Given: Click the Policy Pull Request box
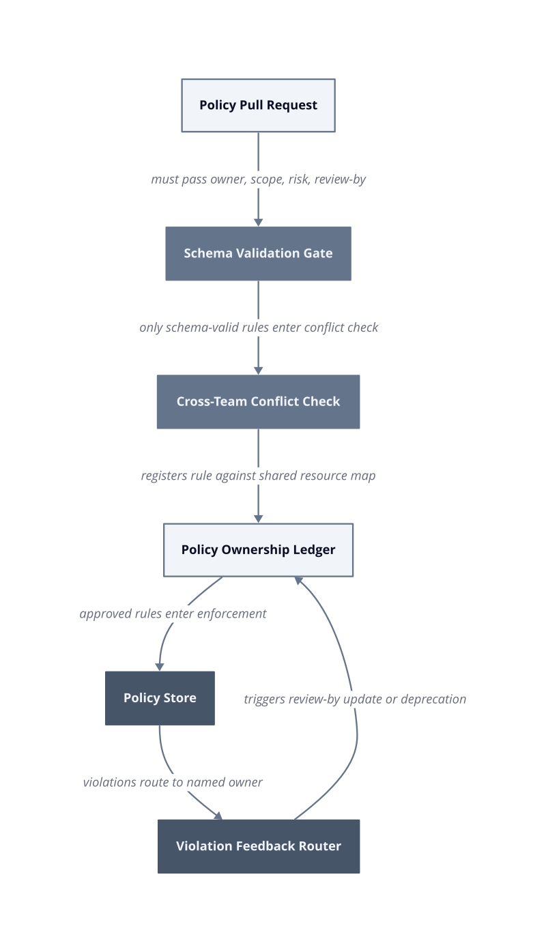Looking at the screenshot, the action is (259, 105).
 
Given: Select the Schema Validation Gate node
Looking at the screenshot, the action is (259, 254).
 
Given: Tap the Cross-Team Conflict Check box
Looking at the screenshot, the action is (259, 402).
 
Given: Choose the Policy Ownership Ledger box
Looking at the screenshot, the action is (259, 550).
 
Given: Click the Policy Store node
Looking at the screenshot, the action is (160, 698).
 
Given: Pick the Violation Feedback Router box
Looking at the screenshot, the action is (259, 847).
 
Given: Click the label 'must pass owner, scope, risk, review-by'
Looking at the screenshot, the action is (259, 179).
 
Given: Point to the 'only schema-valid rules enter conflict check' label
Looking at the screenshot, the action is (259, 328).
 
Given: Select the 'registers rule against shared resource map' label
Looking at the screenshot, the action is (259, 476).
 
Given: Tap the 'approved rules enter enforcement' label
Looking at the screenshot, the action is (173, 614).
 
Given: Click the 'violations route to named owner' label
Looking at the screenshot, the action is (173, 783).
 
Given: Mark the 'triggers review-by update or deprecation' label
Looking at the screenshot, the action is (355, 699).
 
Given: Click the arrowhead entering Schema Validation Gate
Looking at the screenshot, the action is (259, 222).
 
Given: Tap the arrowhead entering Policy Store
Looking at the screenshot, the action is (160, 667).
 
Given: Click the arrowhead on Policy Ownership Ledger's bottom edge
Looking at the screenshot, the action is (299, 581).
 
